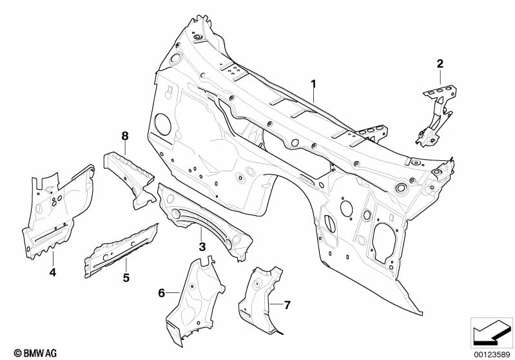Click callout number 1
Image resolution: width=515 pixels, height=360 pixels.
pos(314,84)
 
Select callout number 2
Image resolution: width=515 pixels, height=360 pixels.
pos(440,63)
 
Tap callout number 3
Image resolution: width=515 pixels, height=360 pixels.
pos(202,247)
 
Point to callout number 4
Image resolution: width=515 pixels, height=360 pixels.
pos(53,272)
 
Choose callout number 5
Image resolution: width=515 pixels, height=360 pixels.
pos(126,278)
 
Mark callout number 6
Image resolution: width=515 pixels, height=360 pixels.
pos(161,294)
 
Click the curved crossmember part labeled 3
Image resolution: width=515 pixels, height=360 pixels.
pos(203,216)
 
